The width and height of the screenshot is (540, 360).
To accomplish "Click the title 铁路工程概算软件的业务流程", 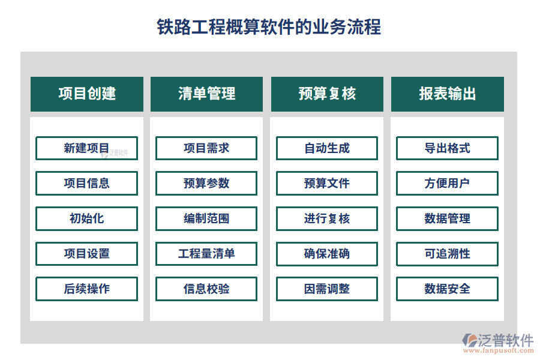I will click(269, 27).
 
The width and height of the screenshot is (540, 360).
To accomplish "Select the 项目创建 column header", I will click(87, 94).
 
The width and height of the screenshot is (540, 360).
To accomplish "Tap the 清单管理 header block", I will click(206, 94).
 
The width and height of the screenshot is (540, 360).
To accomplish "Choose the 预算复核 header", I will click(327, 94).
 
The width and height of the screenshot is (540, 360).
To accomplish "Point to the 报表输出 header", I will click(447, 94).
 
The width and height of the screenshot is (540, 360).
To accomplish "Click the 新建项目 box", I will click(86, 148).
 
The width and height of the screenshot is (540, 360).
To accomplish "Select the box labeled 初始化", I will click(86, 218).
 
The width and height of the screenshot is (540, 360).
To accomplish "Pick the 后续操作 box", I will click(86, 289).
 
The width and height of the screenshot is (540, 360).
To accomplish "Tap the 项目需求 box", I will click(206, 148).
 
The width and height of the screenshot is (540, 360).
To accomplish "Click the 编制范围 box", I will click(206, 218).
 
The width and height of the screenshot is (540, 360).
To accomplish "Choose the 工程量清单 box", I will click(206, 254).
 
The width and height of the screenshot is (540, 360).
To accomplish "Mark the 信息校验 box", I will click(206, 289).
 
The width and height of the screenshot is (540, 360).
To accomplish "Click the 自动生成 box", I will click(327, 148).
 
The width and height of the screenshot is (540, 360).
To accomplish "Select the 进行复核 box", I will click(327, 218).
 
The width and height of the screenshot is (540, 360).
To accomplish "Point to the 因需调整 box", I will click(327, 289).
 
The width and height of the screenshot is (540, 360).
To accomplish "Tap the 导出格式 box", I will click(447, 148).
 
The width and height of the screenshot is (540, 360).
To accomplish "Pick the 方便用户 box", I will click(447, 183).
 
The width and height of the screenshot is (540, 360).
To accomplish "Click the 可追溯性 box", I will click(447, 254).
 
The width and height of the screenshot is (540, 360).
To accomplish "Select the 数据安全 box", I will click(447, 289).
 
